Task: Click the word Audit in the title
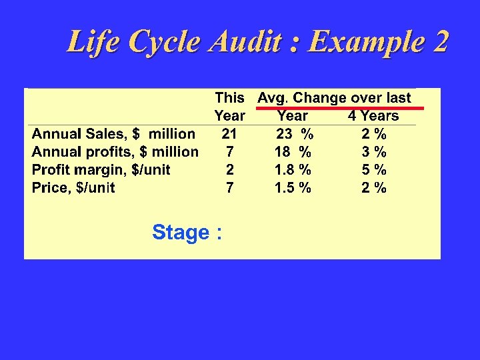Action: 247,42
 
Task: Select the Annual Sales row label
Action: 114,134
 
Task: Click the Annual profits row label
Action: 115,152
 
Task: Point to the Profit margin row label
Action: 101,170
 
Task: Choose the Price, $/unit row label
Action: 73,188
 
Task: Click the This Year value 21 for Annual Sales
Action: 229,134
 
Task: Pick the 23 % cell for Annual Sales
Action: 295,134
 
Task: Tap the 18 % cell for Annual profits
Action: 293,152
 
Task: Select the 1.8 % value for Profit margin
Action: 293,170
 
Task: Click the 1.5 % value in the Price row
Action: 293,188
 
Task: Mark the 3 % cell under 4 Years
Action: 374,152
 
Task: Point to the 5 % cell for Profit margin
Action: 374,170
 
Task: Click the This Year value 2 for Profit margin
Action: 229,170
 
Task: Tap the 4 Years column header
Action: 373,116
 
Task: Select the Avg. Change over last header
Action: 335,98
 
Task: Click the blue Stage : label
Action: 187,233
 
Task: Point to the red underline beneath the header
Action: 340,107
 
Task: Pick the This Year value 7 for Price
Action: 229,188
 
